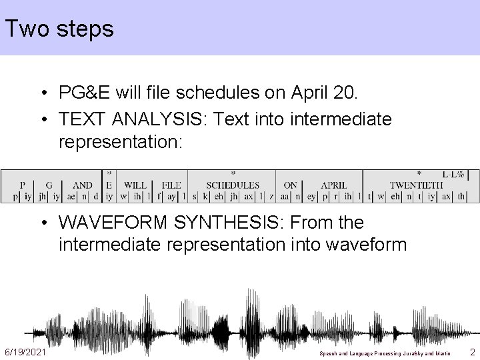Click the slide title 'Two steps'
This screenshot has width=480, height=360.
pos(59,29)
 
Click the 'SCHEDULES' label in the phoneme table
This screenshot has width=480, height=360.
pos(233,185)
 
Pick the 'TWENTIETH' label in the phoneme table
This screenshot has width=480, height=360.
pos(416,185)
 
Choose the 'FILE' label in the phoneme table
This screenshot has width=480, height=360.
pos(171,185)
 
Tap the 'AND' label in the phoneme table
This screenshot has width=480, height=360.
pos(83,185)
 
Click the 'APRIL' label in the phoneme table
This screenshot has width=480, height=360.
pos(334,185)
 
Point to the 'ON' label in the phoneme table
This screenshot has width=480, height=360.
pos(291,185)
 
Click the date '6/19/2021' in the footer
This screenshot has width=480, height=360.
pos(25,351)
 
